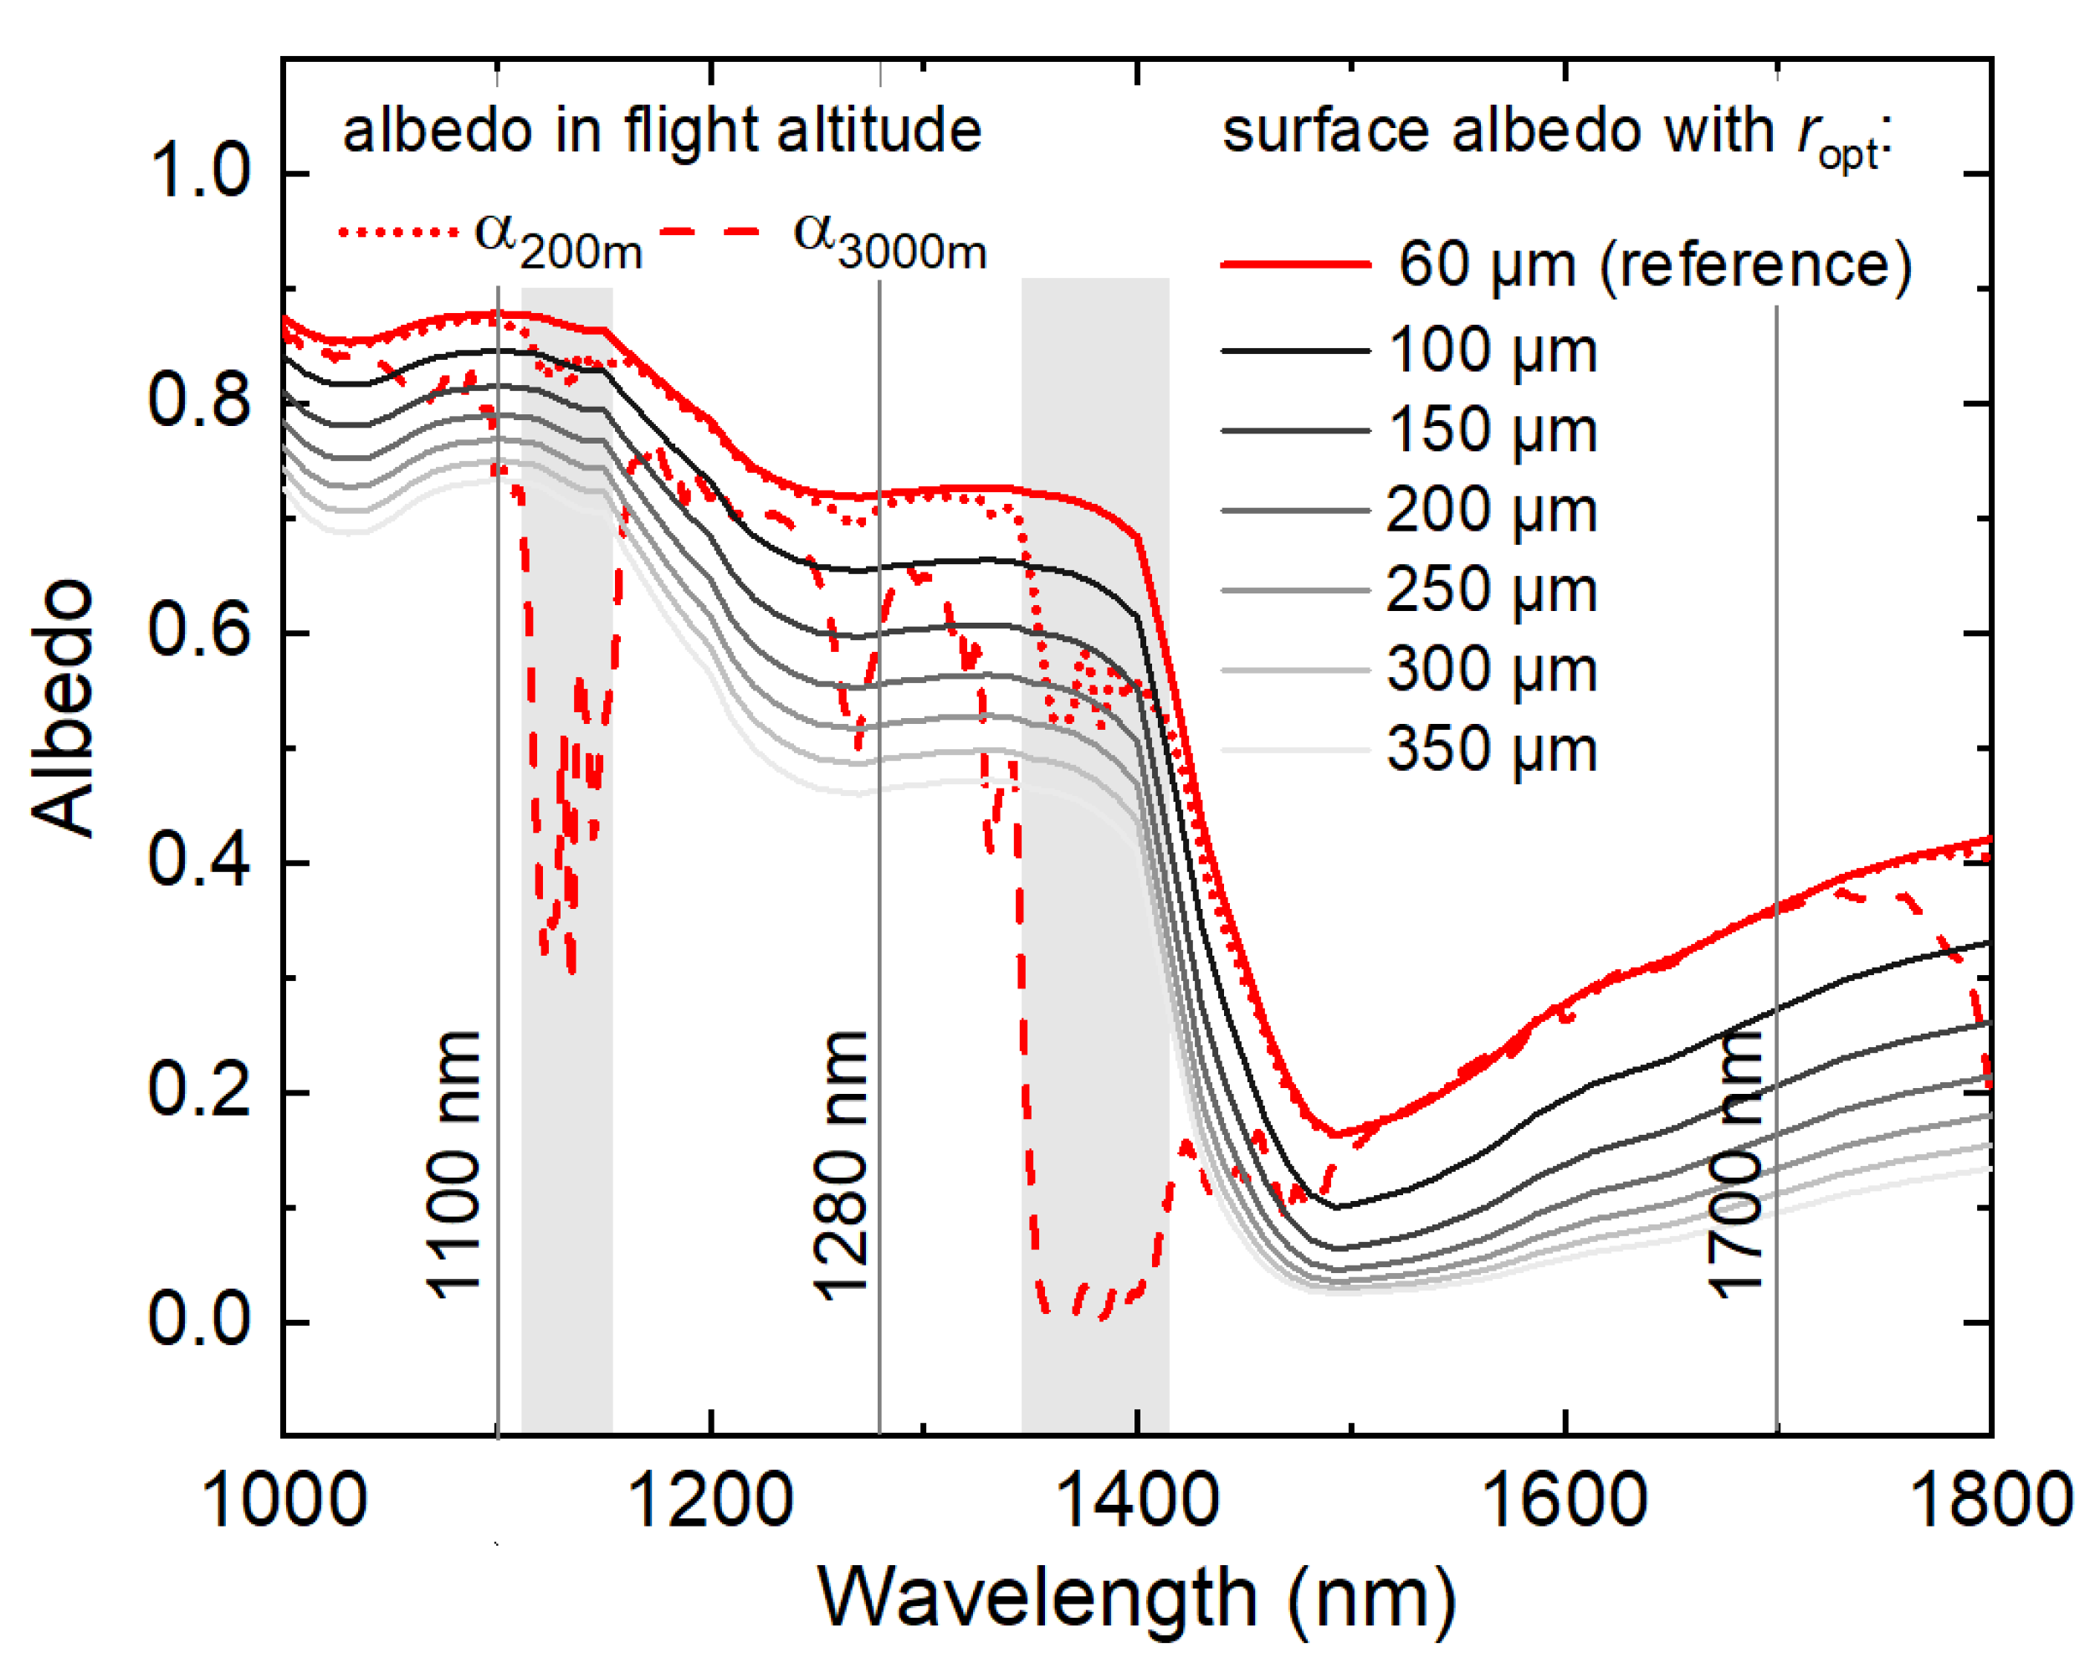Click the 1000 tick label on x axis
pos(284,1501)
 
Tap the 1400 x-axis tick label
pos(1136,1501)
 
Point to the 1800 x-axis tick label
pos(1990,1501)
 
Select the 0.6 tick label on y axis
pos(199,630)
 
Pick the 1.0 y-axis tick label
pos(199,172)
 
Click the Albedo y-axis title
pos(63,709)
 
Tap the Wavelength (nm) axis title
pos(1136,1598)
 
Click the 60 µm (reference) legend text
pos(1654,264)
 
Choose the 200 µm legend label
pos(1492,510)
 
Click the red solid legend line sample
pos(1295,264)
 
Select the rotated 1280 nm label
pos(840,1165)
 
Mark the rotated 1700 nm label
pos(1734,1165)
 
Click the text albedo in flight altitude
pos(662,131)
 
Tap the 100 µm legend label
pos(1492,351)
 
